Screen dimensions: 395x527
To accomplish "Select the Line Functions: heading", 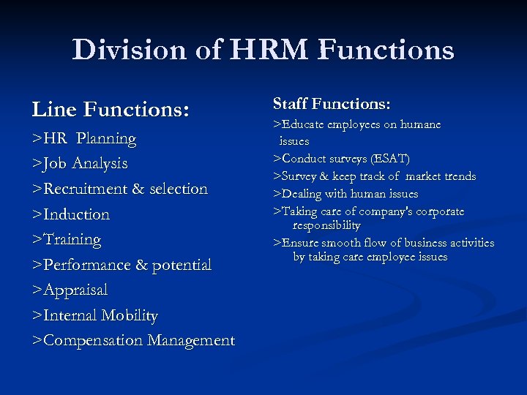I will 111,110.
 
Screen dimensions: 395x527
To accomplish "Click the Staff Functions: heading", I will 332,104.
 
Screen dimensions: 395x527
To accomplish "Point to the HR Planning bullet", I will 84,138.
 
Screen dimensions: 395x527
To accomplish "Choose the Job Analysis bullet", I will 80,163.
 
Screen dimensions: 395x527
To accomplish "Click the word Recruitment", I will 86,189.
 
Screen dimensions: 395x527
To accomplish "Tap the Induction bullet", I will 71,214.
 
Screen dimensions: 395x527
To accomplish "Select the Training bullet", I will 67,239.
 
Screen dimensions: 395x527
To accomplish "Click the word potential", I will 182,265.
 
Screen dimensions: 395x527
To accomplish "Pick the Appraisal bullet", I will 70,290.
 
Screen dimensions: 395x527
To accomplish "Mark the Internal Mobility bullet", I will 95,315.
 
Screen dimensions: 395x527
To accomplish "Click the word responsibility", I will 326,225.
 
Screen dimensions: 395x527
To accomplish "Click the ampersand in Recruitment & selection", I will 138,189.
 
